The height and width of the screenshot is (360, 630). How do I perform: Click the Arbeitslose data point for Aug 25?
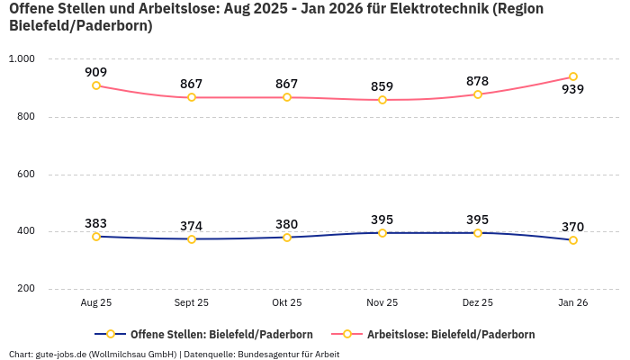(x=96, y=85)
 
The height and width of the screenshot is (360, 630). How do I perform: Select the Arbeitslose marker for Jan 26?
(x=573, y=76)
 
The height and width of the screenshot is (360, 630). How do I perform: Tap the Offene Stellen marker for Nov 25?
(x=382, y=233)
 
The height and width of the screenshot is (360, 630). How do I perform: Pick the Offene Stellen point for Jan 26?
(x=573, y=240)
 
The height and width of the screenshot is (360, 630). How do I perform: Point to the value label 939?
(x=573, y=90)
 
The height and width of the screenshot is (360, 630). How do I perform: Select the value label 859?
(x=382, y=86)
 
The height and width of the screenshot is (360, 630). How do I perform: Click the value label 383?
(x=96, y=223)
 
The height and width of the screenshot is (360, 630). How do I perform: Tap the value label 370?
(x=573, y=227)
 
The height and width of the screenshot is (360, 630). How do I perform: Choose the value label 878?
(x=478, y=81)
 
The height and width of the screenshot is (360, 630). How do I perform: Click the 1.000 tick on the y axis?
(x=21, y=58)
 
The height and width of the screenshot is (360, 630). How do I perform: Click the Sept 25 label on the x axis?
(x=192, y=303)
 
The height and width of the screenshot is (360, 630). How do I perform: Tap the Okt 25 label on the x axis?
(x=287, y=303)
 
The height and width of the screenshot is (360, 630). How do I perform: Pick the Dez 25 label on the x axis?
(x=478, y=303)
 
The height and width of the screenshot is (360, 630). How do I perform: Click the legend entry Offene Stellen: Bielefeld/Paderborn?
(x=208, y=334)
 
